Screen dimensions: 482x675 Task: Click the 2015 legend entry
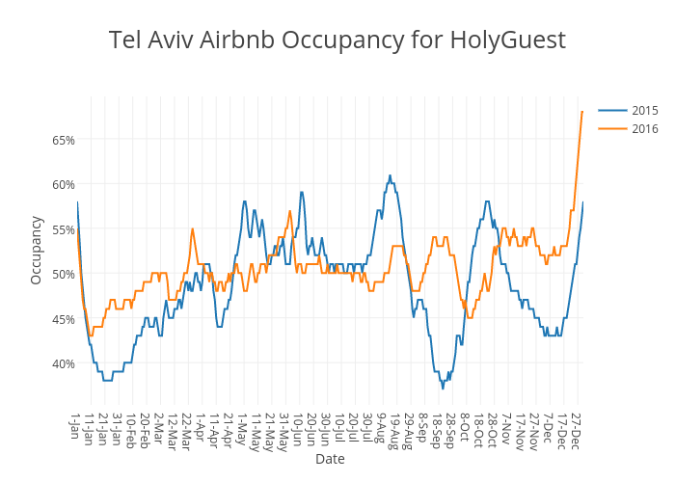coord(644,110)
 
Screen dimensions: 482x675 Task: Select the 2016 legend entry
coord(644,128)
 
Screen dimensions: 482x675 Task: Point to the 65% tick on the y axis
coord(63,140)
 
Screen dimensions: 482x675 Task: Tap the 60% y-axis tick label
coord(63,184)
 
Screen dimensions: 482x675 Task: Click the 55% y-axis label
coord(63,229)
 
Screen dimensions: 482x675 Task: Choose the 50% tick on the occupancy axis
coord(63,274)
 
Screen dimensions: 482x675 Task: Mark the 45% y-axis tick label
coord(63,319)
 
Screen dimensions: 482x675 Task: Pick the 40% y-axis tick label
coord(63,363)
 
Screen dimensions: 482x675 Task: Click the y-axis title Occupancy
coord(37,250)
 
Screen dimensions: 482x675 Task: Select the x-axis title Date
coord(330,459)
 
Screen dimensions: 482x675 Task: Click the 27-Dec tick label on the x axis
coord(575,430)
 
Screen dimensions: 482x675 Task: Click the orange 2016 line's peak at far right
coord(582,112)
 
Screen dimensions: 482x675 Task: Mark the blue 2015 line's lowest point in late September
coord(443,388)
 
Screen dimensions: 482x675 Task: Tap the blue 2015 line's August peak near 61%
coord(390,175)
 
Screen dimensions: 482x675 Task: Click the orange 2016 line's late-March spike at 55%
coord(193,228)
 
